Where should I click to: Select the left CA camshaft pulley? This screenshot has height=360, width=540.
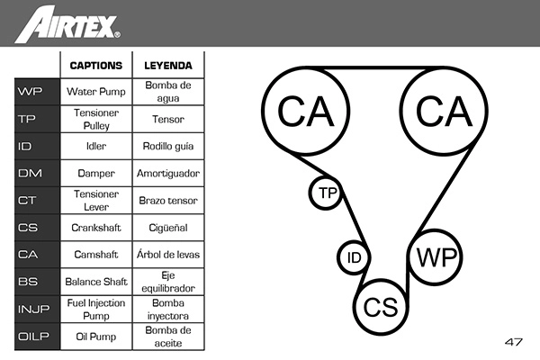[x=306, y=111]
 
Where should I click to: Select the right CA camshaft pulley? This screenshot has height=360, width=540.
[x=444, y=111]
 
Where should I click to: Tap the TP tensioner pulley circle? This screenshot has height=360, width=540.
[x=327, y=193]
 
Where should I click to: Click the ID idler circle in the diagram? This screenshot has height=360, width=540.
[x=355, y=258]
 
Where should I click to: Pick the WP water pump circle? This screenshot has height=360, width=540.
[x=436, y=256]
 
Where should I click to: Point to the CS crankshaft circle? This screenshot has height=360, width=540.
[x=381, y=307]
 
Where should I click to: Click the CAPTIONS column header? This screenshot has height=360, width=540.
[x=96, y=65]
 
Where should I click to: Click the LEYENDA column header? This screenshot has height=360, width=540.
[x=167, y=65]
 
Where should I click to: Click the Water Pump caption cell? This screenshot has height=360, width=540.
[x=96, y=92]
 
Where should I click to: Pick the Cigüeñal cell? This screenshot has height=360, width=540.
[x=167, y=228]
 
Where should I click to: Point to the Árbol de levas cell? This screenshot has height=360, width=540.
[x=167, y=255]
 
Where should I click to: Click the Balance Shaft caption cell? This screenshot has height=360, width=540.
[x=96, y=282]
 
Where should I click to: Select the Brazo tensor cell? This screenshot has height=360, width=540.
[x=167, y=201]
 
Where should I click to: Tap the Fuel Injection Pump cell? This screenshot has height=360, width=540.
[x=96, y=310]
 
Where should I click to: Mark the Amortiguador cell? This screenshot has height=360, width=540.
[x=167, y=173]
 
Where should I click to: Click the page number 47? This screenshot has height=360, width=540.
[x=514, y=342]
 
